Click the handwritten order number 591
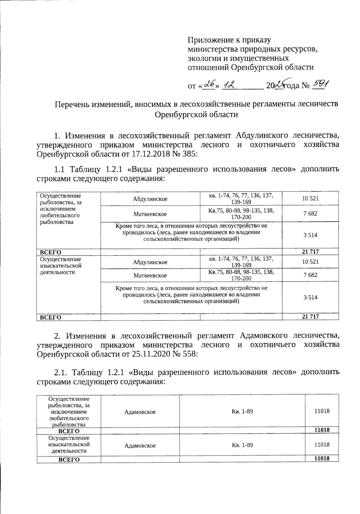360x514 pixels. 320,85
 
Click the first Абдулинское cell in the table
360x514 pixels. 150,199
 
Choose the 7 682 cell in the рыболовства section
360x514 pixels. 310,214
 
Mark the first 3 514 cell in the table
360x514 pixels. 310,235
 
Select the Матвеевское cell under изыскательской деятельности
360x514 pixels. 150,275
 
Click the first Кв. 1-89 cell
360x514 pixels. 242,411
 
